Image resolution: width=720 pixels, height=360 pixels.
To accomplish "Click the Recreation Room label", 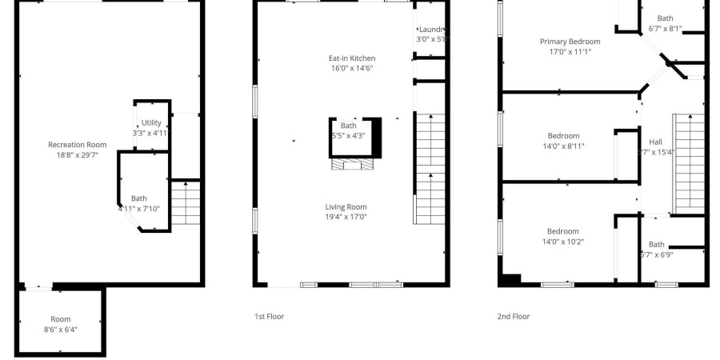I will click(77, 145).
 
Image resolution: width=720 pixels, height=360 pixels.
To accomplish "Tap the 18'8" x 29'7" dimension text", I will click(77, 155).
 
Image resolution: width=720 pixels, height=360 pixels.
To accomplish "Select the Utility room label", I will click(151, 122).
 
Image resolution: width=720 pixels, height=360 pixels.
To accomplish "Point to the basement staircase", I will click(186, 203).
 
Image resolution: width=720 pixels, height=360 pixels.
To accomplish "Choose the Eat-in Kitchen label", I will click(352, 58).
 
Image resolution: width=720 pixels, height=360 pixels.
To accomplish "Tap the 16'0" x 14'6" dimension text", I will click(352, 69).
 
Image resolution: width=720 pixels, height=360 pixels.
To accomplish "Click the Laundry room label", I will click(431, 30).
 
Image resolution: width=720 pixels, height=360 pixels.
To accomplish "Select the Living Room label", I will click(346, 206).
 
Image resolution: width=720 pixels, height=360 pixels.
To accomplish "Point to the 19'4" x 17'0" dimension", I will click(346, 217).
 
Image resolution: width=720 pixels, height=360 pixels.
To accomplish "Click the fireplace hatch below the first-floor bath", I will click(353, 164).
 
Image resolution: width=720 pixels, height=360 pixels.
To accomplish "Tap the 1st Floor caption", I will click(269, 317).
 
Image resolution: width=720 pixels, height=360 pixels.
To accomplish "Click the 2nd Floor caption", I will click(514, 317).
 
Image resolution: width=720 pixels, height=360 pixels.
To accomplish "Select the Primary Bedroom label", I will click(570, 42).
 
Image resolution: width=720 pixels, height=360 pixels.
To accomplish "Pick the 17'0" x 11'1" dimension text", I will click(570, 52).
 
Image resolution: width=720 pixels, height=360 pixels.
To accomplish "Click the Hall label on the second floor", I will click(655, 142).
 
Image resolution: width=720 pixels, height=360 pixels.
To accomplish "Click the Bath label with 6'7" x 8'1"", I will click(665, 18).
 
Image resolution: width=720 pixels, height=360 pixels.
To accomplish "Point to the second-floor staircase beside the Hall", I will click(687, 164).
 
